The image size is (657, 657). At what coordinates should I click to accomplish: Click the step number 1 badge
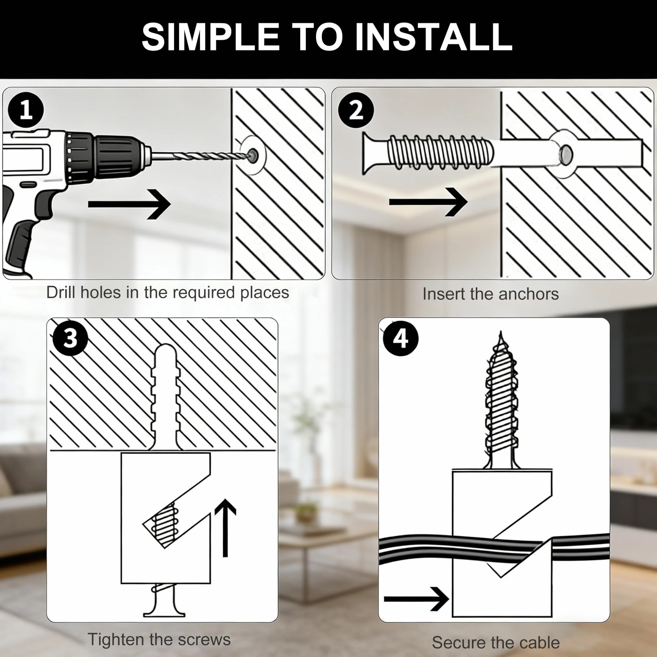26,110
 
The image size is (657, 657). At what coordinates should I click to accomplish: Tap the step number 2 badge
356,110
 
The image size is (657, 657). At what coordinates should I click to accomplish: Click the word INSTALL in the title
433,37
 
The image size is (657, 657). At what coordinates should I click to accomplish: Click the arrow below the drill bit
129,204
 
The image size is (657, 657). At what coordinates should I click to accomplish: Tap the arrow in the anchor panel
428,202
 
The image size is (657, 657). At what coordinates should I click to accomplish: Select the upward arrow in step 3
225,528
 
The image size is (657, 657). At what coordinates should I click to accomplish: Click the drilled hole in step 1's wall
253,155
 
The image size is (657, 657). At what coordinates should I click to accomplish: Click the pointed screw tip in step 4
500,340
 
